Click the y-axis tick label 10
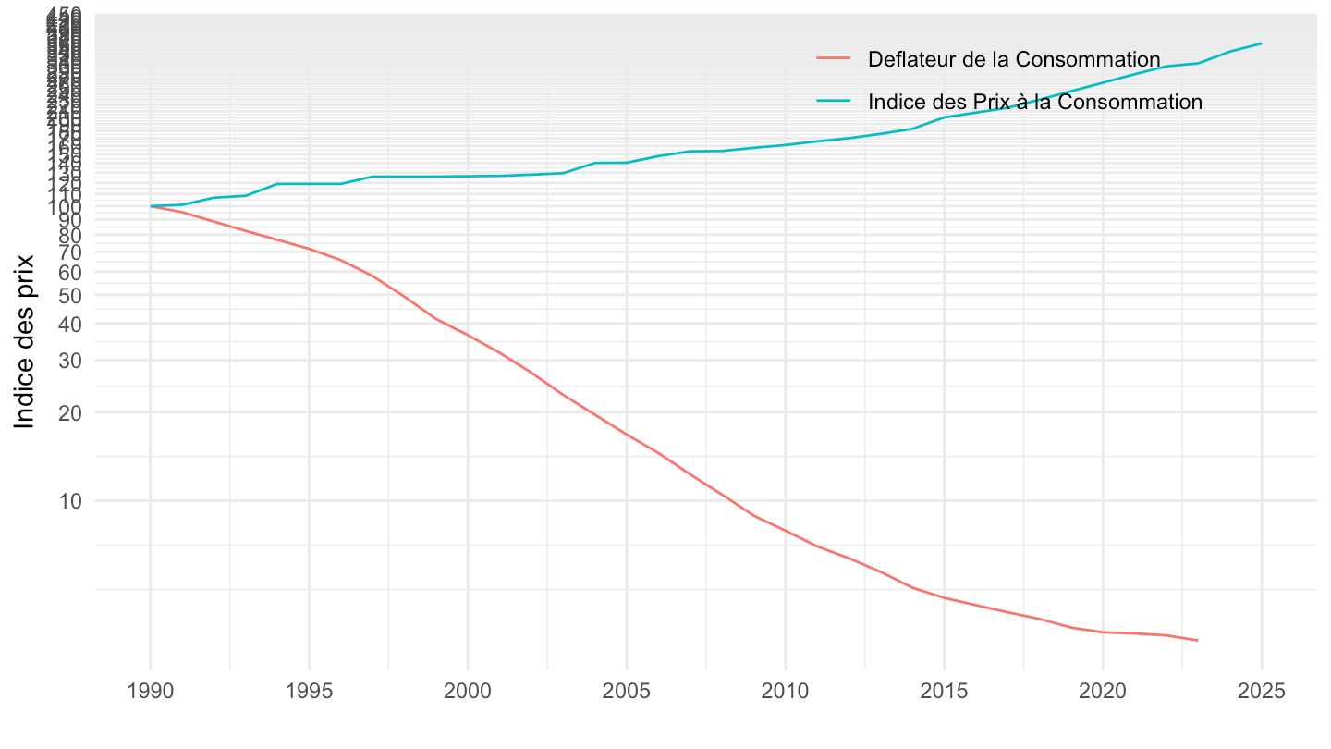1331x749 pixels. pos(70,501)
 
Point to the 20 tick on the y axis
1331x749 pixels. pos(70,412)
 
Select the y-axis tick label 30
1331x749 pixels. pos(70,361)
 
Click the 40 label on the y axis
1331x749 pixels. pos(70,324)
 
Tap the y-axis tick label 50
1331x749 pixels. pos(70,295)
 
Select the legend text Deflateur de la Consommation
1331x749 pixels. pos(1014,59)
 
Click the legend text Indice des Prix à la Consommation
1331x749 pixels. pos(1035,102)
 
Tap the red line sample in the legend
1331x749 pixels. pos(834,59)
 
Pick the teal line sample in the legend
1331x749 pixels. pos(834,102)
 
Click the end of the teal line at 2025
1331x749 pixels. pos(1262,43)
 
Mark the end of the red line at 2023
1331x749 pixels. pos(1198,640)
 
